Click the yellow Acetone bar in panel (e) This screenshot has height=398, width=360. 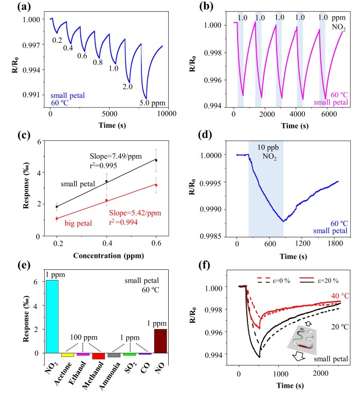tap(67, 355)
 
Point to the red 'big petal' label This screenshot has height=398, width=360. tap(77, 223)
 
